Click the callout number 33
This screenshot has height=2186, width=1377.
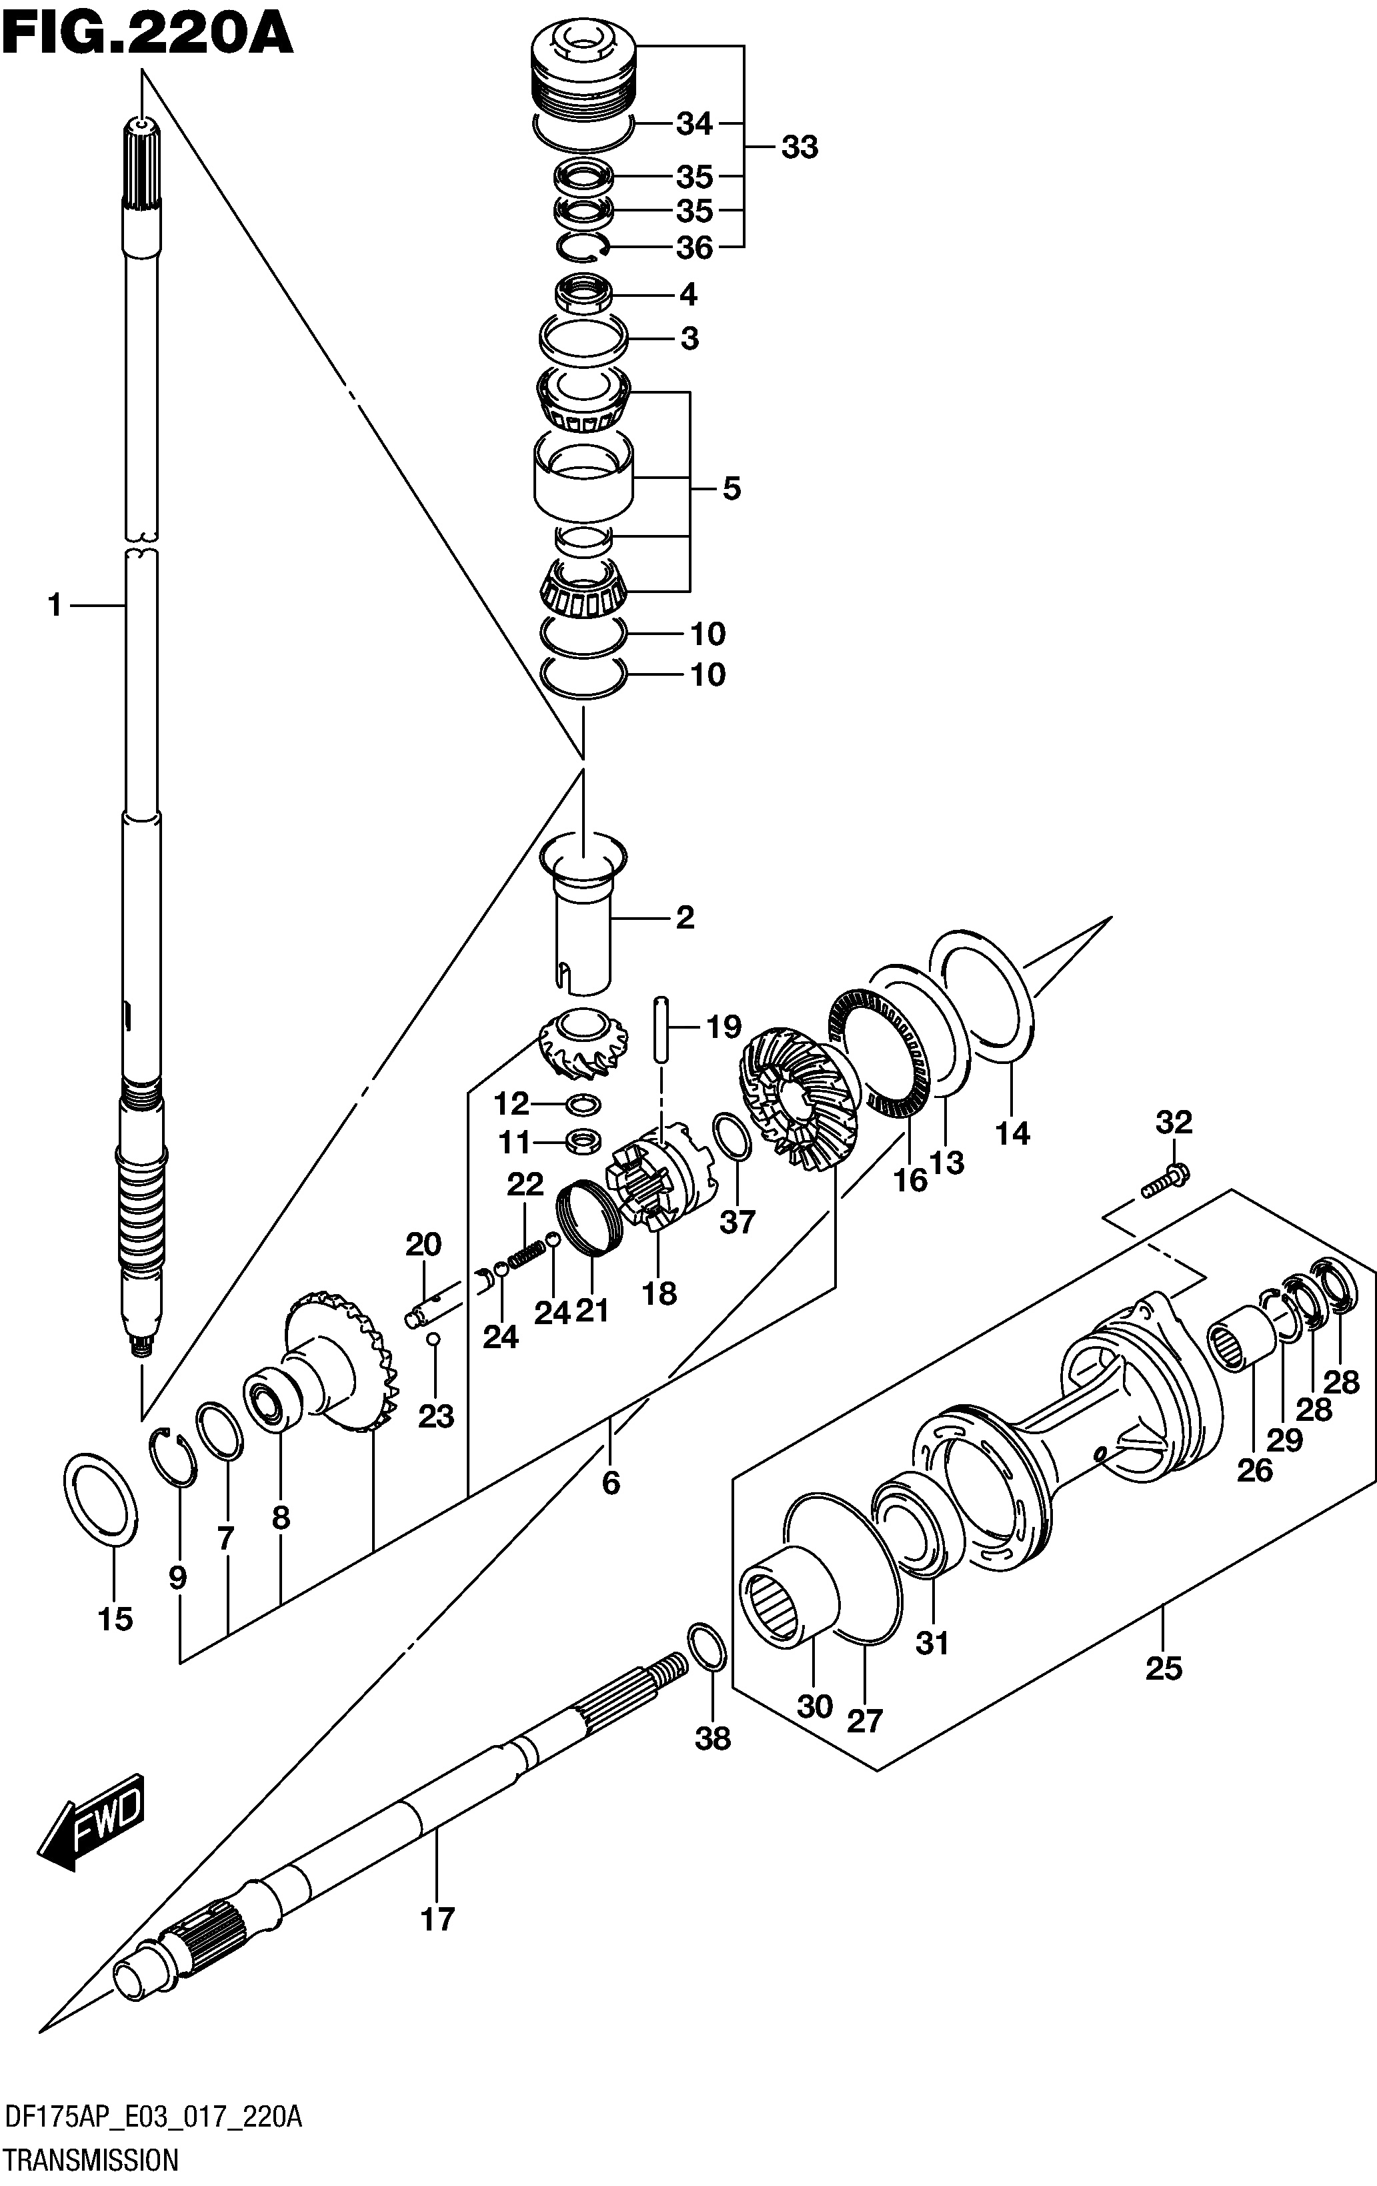pyautogui.click(x=800, y=147)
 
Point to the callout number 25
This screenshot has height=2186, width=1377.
pyautogui.click(x=1164, y=1668)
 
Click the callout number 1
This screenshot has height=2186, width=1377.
pyautogui.click(x=55, y=604)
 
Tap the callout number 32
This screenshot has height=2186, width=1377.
pyautogui.click(x=1174, y=1123)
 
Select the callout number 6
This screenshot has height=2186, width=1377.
pyautogui.click(x=611, y=1482)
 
